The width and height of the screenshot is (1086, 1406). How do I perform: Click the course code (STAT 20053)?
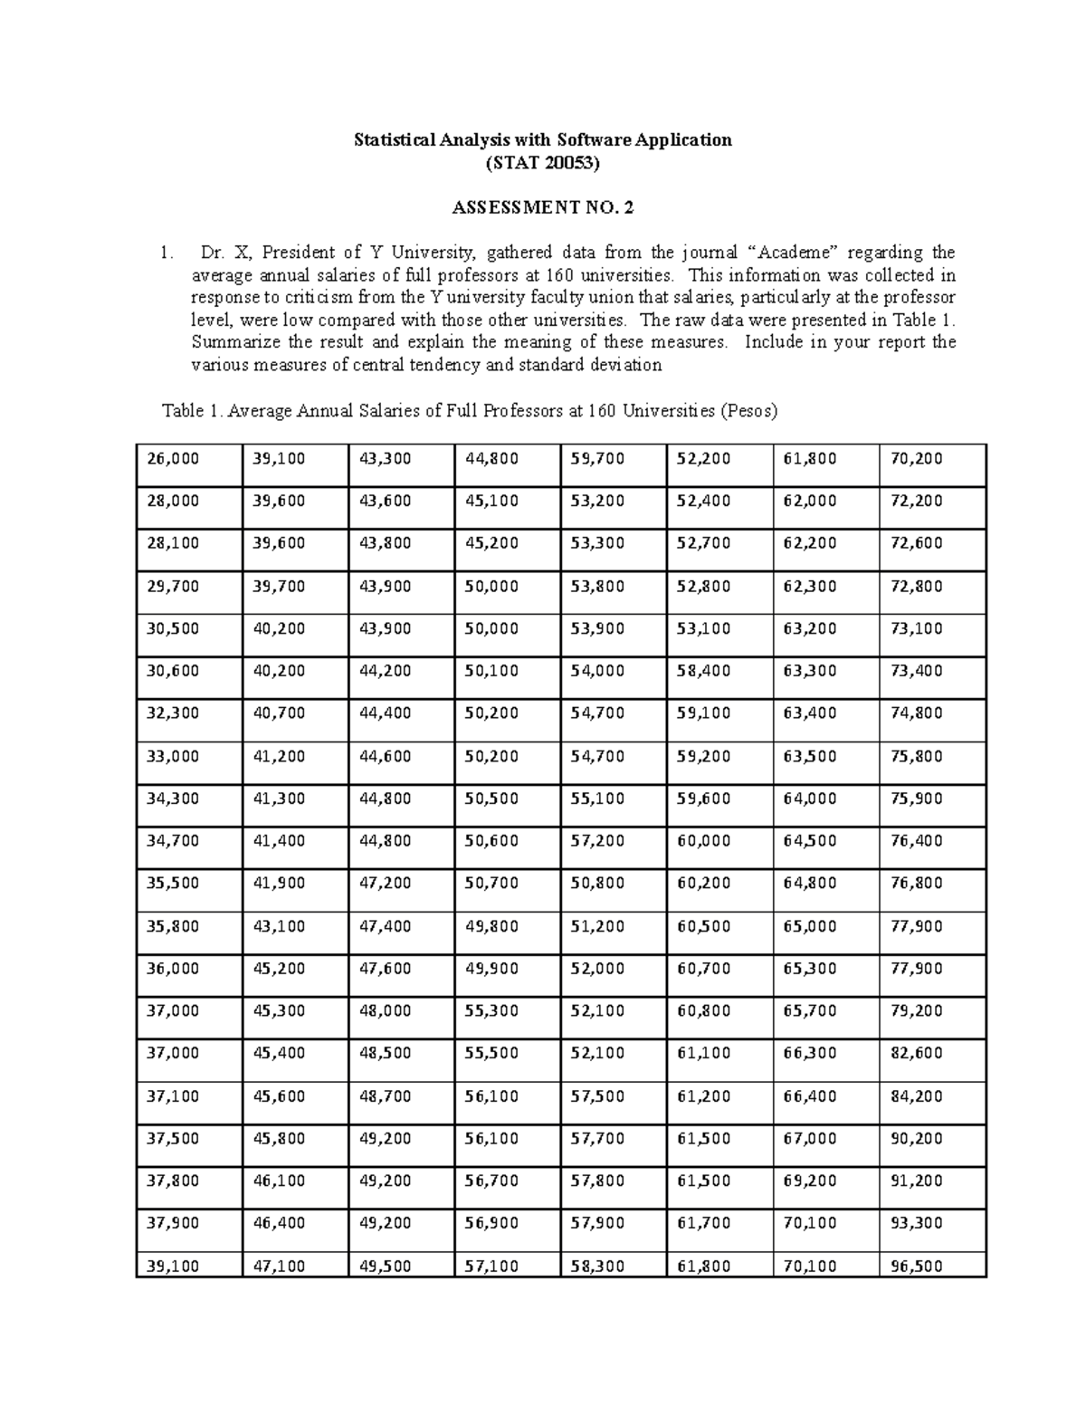[542, 164]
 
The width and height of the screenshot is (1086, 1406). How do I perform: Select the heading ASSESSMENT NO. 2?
[542, 208]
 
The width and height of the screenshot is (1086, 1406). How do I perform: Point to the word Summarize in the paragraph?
[232, 342]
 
